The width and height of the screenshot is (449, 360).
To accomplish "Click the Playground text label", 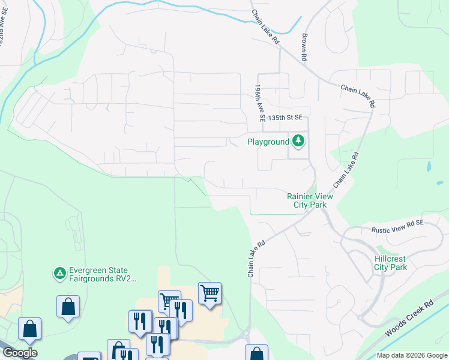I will tap(268, 142).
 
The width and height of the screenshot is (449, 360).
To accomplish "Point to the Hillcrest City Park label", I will tap(391, 263).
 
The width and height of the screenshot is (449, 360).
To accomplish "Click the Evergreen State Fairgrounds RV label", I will tap(103, 274).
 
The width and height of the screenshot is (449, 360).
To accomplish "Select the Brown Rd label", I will tap(304, 46).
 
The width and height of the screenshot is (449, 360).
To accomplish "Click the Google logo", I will tap(19, 353).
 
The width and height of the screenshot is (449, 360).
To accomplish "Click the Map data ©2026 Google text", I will tap(411, 355).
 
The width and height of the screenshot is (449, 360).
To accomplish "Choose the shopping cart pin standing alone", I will tap(209, 293).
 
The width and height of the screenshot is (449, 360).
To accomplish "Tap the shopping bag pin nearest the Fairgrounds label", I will tap(68, 306).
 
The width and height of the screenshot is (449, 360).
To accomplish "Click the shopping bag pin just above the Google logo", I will tap(29, 329).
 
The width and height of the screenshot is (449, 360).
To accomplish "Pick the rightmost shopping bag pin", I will tap(256, 353).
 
